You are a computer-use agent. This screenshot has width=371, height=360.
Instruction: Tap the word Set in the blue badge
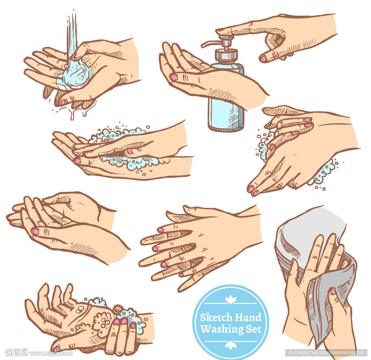pyautogui.click(x=253, y=329)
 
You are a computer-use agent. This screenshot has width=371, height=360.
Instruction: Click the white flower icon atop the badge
pyautogui.click(x=230, y=300)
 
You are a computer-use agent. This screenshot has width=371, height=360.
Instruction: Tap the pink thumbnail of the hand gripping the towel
pyautogui.click(x=333, y=291)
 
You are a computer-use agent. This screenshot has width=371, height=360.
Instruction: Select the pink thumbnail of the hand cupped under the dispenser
pyautogui.click(x=174, y=77)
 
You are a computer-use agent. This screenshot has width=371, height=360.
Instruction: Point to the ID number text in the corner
pyautogui.click(x=326, y=353)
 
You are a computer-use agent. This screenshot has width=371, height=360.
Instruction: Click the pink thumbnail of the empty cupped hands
pyautogui.click(x=36, y=231)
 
